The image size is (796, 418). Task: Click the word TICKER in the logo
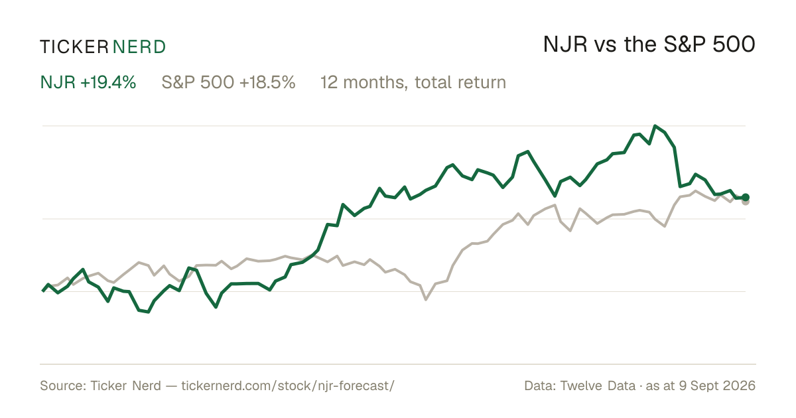coord(74,47)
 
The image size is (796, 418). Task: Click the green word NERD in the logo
coord(139,47)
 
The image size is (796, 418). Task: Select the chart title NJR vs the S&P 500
coord(649,45)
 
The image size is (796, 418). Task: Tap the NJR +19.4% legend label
coord(88,82)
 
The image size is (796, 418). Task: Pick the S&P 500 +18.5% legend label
coord(228,82)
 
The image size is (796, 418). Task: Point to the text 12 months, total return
coord(413,83)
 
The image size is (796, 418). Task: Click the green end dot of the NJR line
coord(746,197)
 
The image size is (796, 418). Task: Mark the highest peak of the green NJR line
coord(655,126)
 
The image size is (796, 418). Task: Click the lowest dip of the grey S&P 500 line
coord(426,300)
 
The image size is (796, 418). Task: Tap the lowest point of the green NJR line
coord(148,312)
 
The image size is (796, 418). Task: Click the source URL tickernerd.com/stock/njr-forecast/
coord(288,385)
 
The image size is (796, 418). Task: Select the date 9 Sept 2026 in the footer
coord(717,385)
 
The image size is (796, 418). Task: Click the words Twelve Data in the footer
coord(598,385)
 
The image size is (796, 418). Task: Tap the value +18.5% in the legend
coord(267,82)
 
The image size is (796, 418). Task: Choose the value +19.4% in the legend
coord(108,82)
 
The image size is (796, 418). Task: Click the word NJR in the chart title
coord(565,45)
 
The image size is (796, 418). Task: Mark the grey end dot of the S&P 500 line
coord(746,202)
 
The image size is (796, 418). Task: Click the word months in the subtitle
coord(375,83)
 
